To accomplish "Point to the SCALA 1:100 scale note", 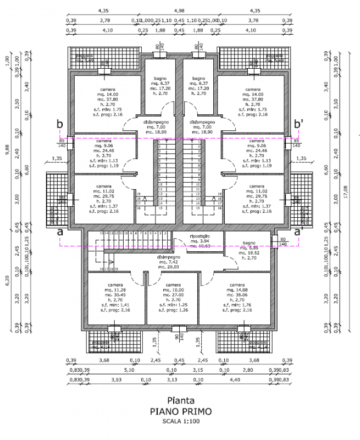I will [x=181, y=421].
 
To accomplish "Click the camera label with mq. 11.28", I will [x=115, y=284].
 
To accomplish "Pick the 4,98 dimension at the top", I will [x=179, y=10].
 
